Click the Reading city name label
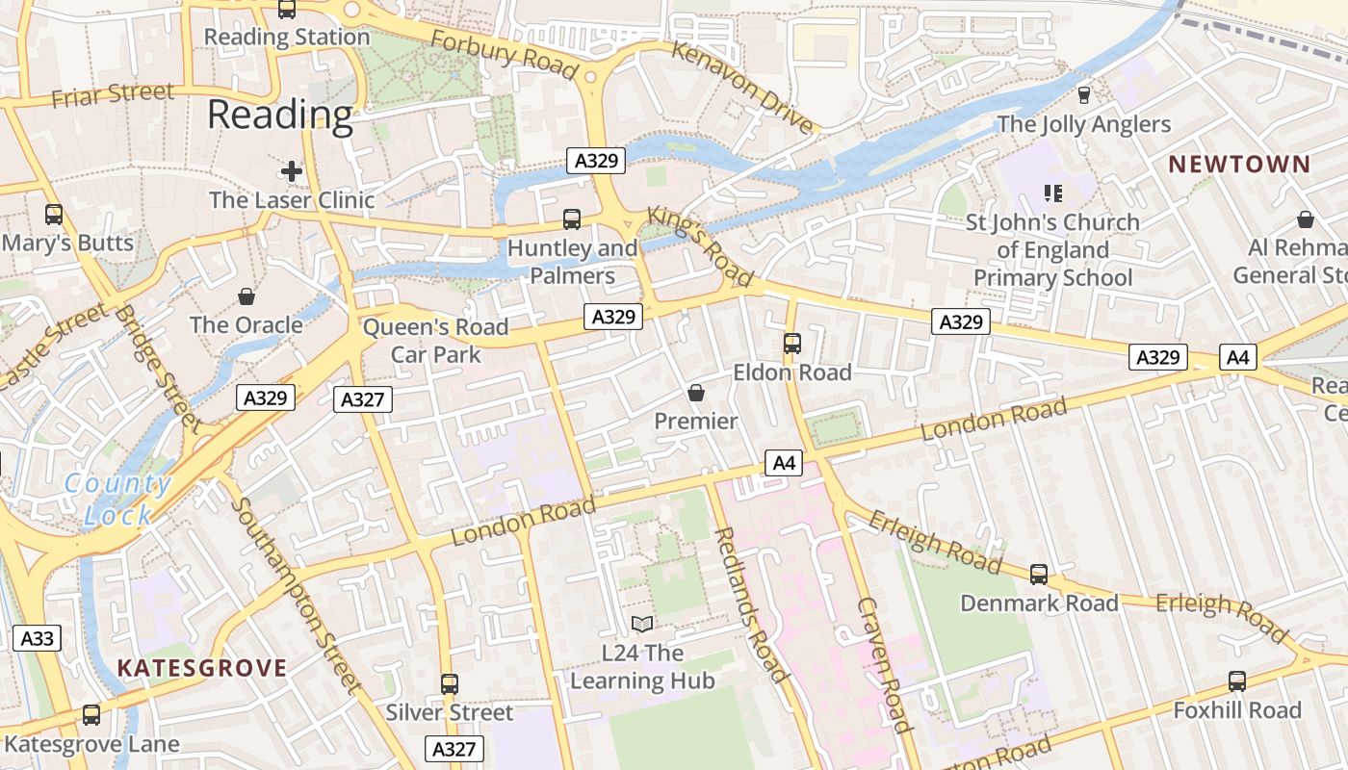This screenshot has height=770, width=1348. pos(280,115)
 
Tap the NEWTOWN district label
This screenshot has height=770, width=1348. pos(1239,165)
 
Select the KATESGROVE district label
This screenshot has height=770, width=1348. pos(202,668)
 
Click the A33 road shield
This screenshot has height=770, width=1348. pos(38,637)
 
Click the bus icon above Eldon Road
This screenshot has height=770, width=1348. pos(792,344)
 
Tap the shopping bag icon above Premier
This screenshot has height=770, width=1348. pos(696,393)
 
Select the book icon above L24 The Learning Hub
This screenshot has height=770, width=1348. pos(642,625)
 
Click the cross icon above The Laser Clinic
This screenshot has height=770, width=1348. pos(292,172)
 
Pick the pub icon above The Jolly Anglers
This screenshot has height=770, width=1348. pos(1084,94)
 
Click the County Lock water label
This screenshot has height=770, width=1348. pos(117,499)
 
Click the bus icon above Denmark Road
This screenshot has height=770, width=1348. pos(1039,575)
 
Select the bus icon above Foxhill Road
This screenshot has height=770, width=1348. pos(1237,681)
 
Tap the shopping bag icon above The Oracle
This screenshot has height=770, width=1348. pos(246,295)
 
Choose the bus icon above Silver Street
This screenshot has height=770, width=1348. pos(450,684)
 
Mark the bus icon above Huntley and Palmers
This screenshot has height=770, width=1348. pos(572,219)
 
